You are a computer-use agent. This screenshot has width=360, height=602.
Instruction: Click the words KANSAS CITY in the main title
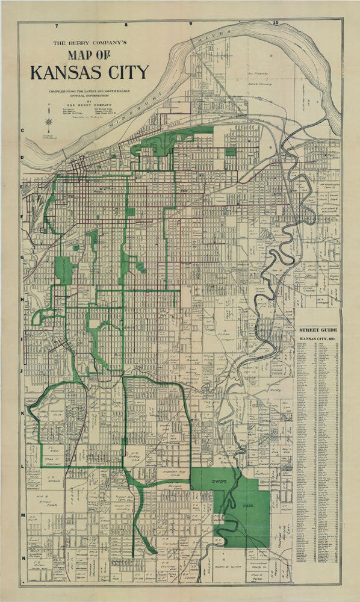(x=89, y=72)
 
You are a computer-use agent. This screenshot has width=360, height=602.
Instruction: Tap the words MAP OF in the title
(x=90, y=54)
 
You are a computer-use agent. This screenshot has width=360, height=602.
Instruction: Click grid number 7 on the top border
(x=56, y=26)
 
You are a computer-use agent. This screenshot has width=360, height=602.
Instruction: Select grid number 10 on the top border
(x=276, y=23)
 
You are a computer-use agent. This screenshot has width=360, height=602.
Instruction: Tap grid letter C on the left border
(x=22, y=131)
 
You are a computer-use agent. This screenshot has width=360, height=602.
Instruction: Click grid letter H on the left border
(x=22, y=299)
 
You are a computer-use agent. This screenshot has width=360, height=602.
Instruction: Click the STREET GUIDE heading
(x=319, y=331)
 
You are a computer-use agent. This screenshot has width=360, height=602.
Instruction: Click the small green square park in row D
(x=230, y=152)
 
